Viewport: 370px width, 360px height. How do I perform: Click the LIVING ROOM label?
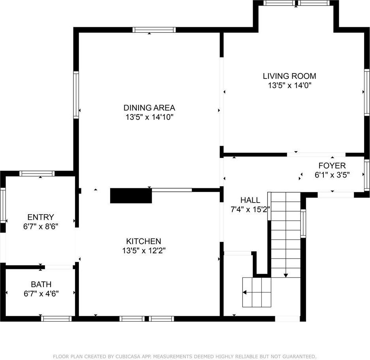[289, 76]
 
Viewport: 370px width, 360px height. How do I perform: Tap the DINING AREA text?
[149, 108]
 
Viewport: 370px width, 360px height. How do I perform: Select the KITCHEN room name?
[143, 241]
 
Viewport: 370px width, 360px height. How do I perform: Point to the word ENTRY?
[40, 217]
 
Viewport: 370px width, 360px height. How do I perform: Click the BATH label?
[41, 284]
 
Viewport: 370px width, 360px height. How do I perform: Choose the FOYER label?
[332, 166]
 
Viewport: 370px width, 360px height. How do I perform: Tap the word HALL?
[250, 200]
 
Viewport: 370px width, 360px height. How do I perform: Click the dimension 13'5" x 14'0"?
[289, 85]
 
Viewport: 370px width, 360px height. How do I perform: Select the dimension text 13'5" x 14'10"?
[149, 117]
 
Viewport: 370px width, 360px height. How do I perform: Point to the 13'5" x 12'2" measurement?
[143, 250]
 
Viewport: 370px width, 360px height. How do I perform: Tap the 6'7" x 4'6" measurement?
[41, 293]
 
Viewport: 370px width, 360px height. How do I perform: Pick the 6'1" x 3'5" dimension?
[332, 174]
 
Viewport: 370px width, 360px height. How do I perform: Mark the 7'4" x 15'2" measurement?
[250, 209]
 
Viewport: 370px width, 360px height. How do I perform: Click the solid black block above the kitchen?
[131, 196]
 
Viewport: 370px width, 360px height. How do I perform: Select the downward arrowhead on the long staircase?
[286, 275]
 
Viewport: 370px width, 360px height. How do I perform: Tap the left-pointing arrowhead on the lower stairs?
[244, 292]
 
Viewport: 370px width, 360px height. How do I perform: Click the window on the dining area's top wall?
[154, 30]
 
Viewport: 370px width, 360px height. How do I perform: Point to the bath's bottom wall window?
[56, 319]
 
